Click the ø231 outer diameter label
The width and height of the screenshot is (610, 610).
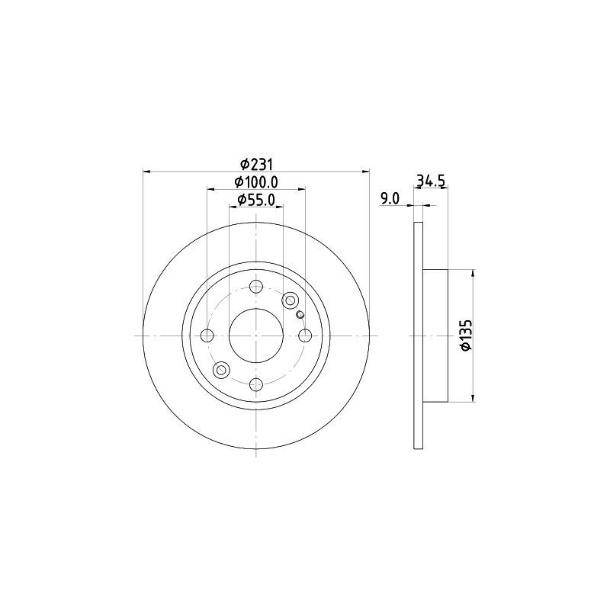pos(256,164)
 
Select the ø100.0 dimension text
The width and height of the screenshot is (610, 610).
pos(256,181)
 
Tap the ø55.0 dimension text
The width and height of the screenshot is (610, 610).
pos(256,200)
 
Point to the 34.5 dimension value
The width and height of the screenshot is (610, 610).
pos(431,181)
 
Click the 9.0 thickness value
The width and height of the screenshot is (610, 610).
pos(390,199)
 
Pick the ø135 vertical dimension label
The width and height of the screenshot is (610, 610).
pos(467,335)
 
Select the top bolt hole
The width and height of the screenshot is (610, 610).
pos(256,287)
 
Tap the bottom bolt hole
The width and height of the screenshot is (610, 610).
pos(256,385)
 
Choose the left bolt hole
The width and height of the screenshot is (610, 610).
pos(207,335)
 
